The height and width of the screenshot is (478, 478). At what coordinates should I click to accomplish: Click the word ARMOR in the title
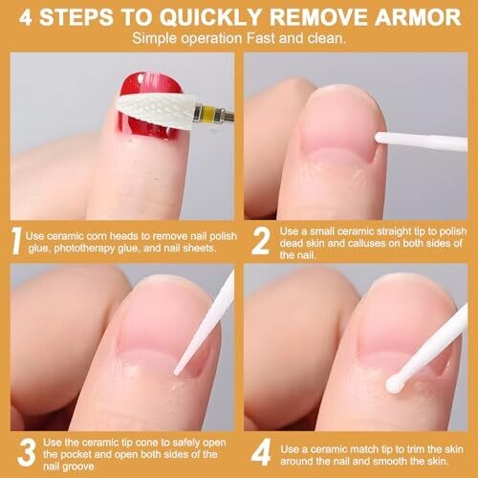[418, 17]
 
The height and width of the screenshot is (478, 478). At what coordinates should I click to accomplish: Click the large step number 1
[16, 240]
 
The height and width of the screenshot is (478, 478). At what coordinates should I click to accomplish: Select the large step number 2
[260, 241]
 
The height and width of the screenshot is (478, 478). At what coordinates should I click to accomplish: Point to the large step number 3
[27, 452]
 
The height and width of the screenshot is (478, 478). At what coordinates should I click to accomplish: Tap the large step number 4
[261, 451]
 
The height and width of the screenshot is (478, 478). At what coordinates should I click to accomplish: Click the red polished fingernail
[149, 107]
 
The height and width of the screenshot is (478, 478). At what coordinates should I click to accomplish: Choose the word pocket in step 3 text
[76, 454]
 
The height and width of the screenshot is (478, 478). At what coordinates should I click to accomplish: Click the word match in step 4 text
[364, 449]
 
